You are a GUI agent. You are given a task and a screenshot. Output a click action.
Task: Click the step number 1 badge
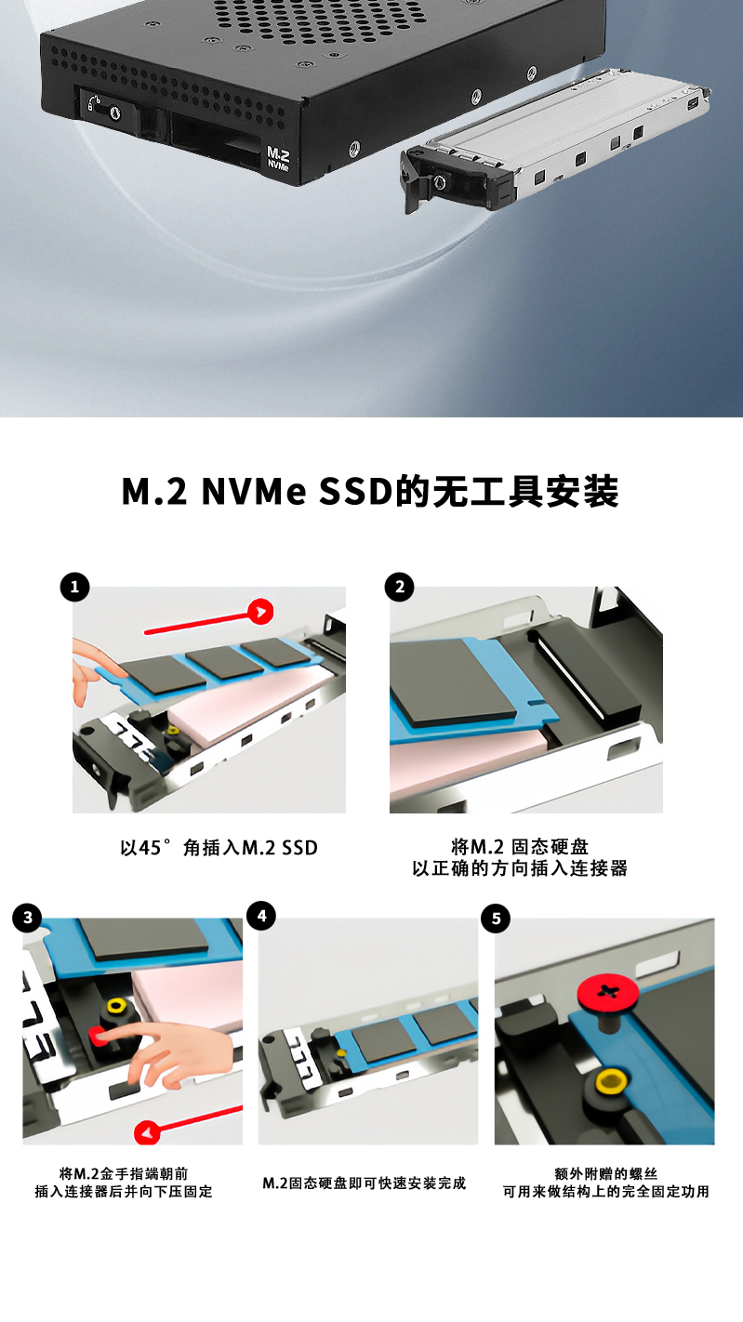click(74, 588)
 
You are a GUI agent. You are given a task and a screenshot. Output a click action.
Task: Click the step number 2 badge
click(400, 587)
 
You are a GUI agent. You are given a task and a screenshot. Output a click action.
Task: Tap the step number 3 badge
click(27, 919)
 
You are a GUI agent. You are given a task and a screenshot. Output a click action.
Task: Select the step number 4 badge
click(261, 916)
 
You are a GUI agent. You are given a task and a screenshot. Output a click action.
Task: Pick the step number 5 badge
click(496, 919)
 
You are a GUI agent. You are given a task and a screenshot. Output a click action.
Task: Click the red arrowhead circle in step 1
click(260, 611)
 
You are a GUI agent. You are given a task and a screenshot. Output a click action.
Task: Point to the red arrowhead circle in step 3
click(147, 1132)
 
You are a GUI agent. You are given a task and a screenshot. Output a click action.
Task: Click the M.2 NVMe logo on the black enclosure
click(279, 158)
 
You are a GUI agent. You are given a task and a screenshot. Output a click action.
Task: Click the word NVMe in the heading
click(254, 492)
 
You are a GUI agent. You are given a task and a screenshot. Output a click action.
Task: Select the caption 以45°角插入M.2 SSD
click(219, 848)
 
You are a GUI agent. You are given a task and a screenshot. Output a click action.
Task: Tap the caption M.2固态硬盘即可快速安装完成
click(365, 1183)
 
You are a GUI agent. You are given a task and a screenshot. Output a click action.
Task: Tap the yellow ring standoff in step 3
click(115, 1006)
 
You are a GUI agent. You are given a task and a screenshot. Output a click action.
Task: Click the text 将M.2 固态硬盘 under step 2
click(519, 847)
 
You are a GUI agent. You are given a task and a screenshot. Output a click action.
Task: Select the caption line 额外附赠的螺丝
click(605, 1174)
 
